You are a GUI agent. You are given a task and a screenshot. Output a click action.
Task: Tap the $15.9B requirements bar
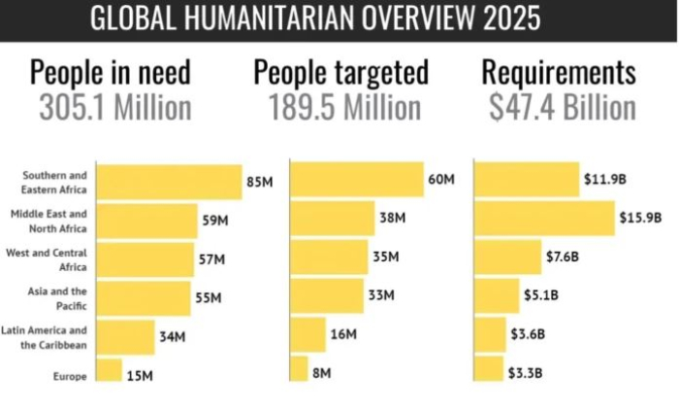click(x=544, y=219)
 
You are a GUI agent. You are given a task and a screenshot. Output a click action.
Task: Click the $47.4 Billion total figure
click(x=560, y=108)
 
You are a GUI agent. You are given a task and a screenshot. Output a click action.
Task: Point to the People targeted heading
click(x=339, y=73)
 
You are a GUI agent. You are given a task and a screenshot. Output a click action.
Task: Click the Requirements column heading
click(x=560, y=73)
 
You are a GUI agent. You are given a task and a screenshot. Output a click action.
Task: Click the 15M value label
click(x=140, y=374)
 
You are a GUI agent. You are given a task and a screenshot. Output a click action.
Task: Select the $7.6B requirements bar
click(x=507, y=257)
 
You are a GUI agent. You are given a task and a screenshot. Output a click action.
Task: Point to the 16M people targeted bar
click(x=308, y=335)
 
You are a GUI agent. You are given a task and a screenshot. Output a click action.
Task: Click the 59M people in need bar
click(x=147, y=220)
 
